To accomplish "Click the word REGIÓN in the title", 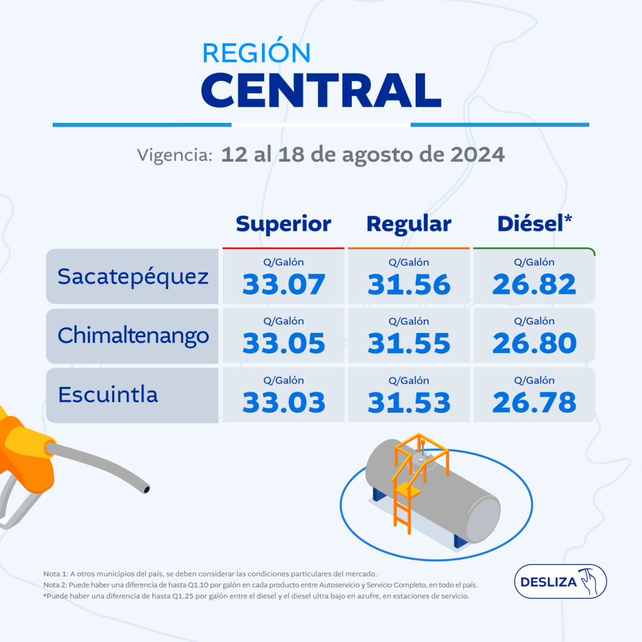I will (256, 53).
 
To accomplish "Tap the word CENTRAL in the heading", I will (324, 90).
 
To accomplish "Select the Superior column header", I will (283, 224).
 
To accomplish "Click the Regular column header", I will (409, 224).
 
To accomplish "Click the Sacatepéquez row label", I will (133, 276).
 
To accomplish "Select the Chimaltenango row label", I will (133, 335).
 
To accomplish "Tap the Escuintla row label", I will (108, 395).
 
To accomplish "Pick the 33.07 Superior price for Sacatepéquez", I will (284, 285).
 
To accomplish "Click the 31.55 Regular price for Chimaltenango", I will (409, 343).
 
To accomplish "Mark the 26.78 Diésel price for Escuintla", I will (534, 403).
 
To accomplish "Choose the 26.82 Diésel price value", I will (534, 285).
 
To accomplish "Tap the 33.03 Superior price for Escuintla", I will (284, 403).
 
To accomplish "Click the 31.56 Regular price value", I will (409, 285).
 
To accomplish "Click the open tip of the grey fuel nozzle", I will (146, 487).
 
